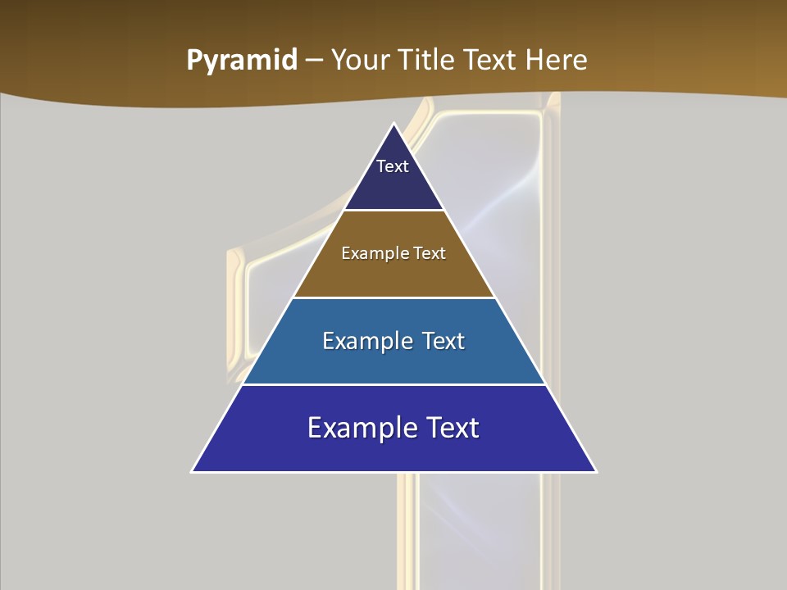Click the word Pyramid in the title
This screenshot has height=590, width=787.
tap(241, 61)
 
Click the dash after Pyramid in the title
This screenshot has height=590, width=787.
tap(314, 61)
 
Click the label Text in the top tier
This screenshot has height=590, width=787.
tap(393, 166)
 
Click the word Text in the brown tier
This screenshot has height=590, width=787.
tap(430, 253)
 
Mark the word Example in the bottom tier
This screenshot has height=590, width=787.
tap(357, 428)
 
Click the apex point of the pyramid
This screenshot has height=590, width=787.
tap(394, 125)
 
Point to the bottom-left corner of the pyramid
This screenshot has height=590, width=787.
tap(193, 471)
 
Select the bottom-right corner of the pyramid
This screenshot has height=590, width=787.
tap(595, 471)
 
